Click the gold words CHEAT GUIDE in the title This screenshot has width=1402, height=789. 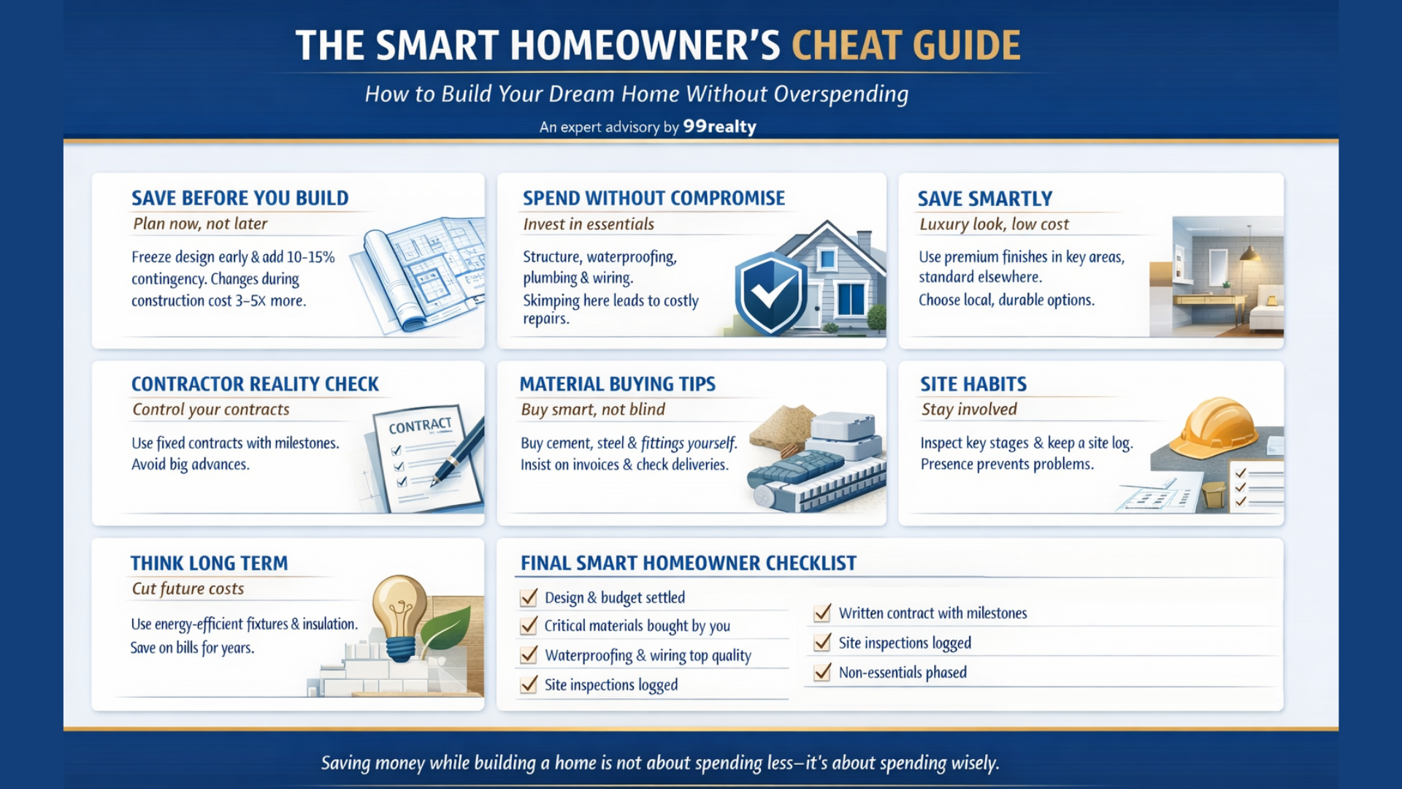[x=906, y=45]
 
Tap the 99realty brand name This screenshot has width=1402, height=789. [x=719, y=126]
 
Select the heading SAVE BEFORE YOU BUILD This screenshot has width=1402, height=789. [x=240, y=198]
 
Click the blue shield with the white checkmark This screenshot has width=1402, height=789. [x=770, y=292]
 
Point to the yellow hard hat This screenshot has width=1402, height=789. [x=1213, y=428]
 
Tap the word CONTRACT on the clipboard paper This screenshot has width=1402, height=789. [x=420, y=426]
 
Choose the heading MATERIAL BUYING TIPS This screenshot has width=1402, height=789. [x=618, y=384]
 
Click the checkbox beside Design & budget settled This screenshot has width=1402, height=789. [x=529, y=598]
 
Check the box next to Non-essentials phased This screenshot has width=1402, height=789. [x=822, y=672]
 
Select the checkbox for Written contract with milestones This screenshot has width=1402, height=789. [x=822, y=613]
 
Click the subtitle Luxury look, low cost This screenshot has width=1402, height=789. [x=994, y=224]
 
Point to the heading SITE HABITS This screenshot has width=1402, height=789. [x=973, y=384]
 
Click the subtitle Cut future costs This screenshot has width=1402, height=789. [x=188, y=589]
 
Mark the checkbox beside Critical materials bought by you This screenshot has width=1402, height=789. [x=529, y=626]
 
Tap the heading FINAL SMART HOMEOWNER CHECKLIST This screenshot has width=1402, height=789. [x=689, y=563]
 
